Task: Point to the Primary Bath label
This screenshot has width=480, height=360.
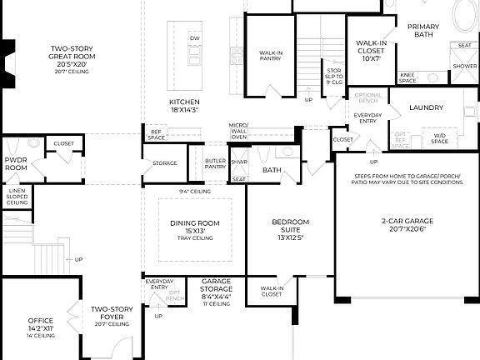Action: coord(423,31)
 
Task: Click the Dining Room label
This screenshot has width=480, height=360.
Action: coord(194,227)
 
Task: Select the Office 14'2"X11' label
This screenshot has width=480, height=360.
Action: coord(41,324)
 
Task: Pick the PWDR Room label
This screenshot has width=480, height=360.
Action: coord(16,163)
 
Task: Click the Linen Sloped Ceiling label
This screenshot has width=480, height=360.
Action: coord(17,197)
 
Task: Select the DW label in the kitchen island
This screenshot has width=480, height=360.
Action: coord(194,38)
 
